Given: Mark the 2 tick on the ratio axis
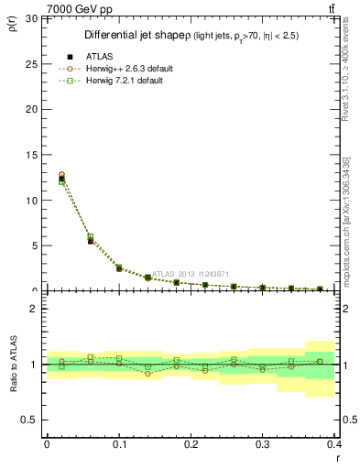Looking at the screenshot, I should coord(33,309).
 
